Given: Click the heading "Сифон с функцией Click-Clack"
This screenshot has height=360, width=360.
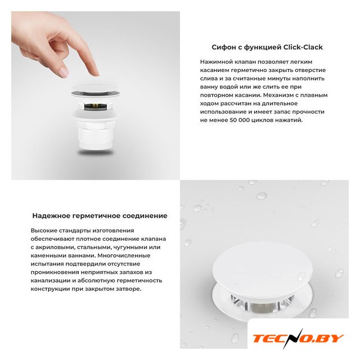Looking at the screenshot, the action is pyautogui.click(x=267, y=47).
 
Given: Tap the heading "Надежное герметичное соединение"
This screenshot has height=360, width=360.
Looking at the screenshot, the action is pyautogui.click(x=100, y=216).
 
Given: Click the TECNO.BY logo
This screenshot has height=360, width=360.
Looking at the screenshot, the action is pyautogui.click(x=298, y=339).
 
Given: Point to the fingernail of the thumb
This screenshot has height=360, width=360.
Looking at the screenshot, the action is pyautogui.click(x=64, y=73).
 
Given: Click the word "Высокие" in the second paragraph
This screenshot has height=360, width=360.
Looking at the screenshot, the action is pyautogui.click(x=44, y=231).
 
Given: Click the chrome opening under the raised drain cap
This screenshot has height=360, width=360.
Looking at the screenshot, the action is pyautogui.click(x=262, y=304).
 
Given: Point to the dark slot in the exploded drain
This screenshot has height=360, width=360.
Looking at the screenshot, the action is pyautogui.click(x=96, y=106).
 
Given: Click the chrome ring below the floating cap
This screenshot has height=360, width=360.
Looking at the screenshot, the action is pyautogui.click(x=96, y=93).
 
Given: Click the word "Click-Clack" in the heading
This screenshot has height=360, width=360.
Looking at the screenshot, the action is pyautogui.click(x=303, y=47).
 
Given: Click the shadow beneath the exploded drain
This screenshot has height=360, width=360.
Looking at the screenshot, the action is pyautogui.click(x=96, y=152).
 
